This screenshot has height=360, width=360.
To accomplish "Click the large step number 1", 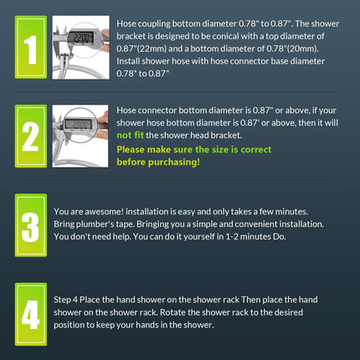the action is point(30,49).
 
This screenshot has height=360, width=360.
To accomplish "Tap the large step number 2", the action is point(30,136).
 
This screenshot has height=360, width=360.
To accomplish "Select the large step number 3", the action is point(30,227).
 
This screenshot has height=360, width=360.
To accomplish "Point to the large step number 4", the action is point(30,315).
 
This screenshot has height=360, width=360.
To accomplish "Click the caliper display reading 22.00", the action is point(80,37).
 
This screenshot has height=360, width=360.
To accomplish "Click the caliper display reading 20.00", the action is point(78,124).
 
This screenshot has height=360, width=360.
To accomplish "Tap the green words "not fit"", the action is point(130,136).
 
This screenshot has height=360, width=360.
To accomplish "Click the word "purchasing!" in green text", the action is point(174,162).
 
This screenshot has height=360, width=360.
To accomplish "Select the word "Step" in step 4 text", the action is point(62,300).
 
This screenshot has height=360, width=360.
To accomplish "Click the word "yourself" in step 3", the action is point(198,237).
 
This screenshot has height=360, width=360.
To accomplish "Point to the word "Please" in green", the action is point(131,150).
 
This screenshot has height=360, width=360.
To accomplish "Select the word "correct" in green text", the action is point(256,150).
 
